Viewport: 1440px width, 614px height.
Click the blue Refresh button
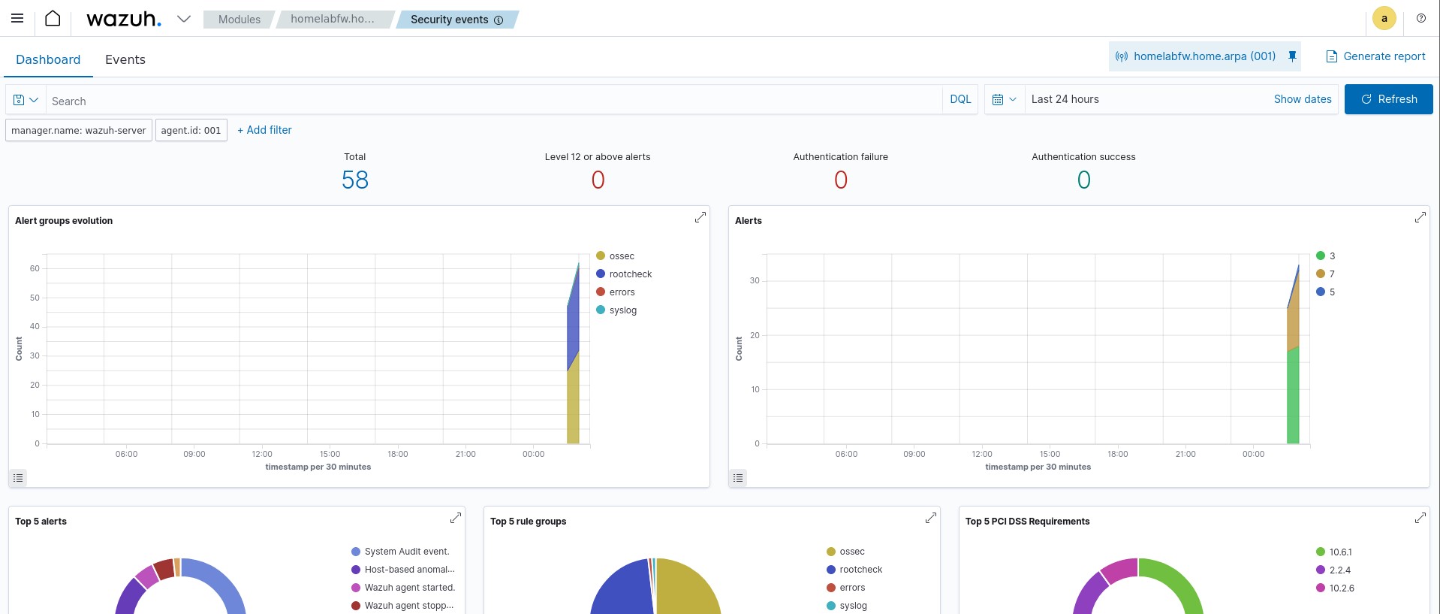(1388, 99)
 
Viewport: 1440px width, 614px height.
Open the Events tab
(125, 59)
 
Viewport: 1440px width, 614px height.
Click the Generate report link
(1375, 56)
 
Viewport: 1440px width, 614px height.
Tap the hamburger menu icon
(17, 19)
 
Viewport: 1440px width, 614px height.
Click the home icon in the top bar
(53, 19)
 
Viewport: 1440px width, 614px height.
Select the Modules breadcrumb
(239, 20)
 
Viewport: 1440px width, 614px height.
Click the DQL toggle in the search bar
(960, 99)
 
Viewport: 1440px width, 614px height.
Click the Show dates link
(1302, 99)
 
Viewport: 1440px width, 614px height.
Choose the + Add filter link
(264, 130)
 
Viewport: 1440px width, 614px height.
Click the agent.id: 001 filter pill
(191, 130)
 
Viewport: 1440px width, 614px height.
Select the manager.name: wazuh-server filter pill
(79, 130)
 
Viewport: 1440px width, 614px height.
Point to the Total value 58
(354, 180)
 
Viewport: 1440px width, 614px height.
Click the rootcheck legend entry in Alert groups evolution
(630, 274)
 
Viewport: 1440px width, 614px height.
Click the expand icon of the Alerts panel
(1420, 217)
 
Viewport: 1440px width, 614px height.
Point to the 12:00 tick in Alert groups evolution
(262, 454)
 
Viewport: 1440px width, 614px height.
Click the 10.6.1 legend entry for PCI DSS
(1339, 552)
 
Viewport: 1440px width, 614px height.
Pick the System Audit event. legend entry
(406, 552)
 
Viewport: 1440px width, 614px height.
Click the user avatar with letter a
(1384, 19)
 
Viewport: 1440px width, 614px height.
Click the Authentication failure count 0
(840, 180)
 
